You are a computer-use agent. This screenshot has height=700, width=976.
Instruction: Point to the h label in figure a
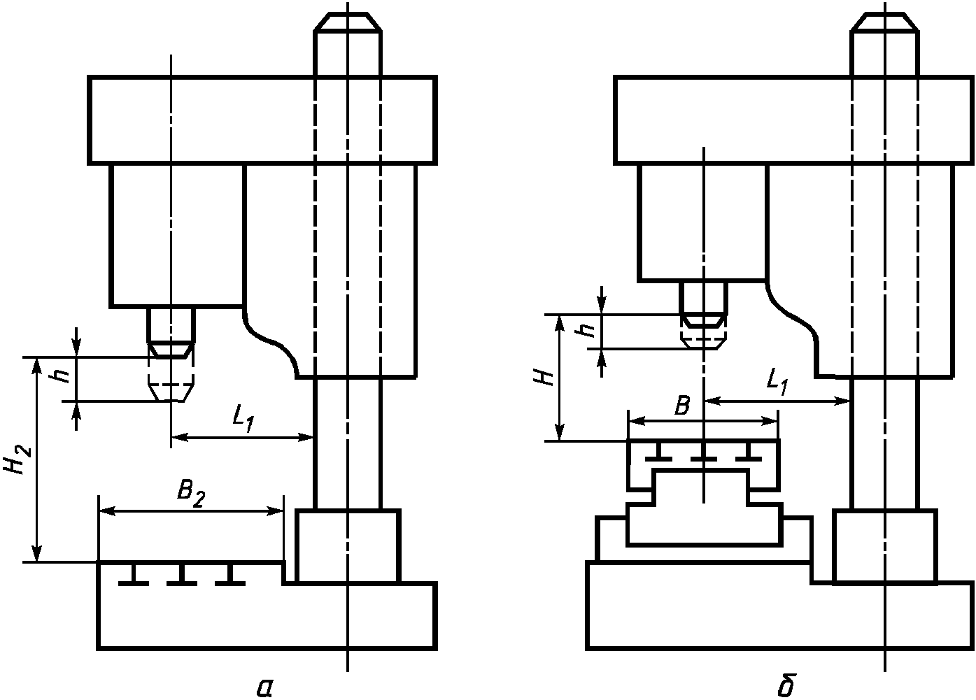pyautogui.click(x=64, y=376)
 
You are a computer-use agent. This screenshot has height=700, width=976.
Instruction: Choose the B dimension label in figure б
pyautogui.click(x=682, y=406)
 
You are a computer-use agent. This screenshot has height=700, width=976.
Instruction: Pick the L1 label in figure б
pyautogui.click(x=777, y=383)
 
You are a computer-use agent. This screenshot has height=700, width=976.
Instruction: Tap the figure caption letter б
pyautogui.click(x=786, y=685)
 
